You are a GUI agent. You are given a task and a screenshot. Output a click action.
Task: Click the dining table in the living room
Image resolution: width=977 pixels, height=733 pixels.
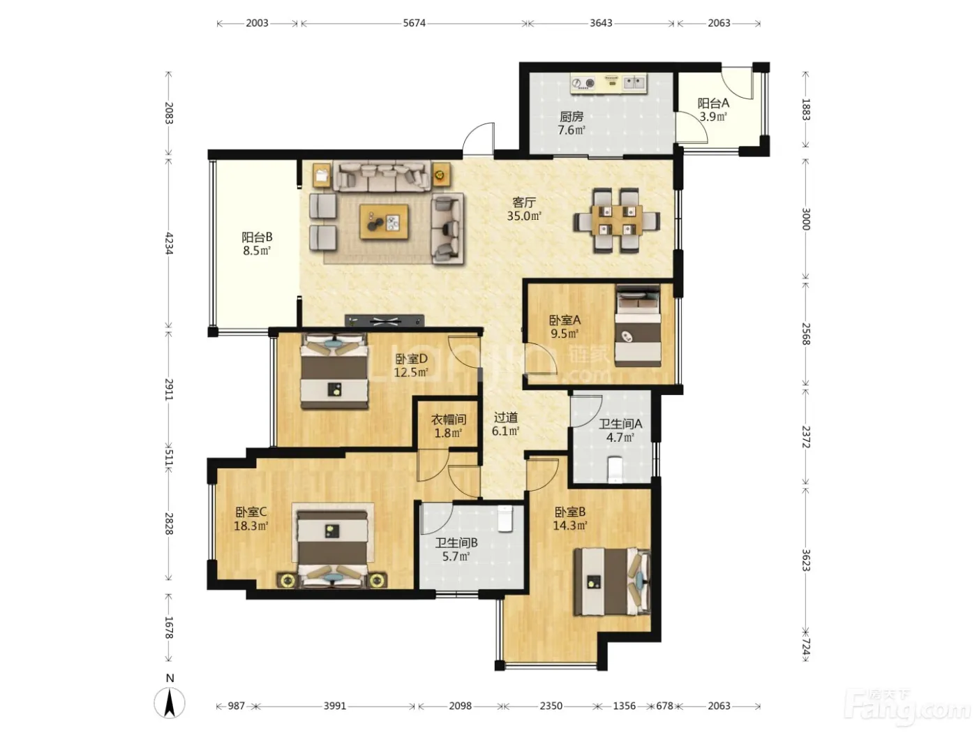616,220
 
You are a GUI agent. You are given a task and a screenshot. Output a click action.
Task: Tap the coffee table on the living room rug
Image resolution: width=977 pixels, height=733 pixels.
384,221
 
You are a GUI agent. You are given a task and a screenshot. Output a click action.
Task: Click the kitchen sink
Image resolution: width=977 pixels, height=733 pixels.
634,82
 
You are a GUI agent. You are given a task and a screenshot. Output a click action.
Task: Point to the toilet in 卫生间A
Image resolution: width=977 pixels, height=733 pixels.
615,469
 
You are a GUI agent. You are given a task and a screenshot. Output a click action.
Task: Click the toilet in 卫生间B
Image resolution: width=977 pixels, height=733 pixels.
505,519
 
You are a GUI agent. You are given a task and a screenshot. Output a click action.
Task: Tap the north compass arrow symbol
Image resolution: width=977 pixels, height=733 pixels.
170,703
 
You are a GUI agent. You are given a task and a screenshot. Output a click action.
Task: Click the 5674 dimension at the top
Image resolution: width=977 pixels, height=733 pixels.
414,23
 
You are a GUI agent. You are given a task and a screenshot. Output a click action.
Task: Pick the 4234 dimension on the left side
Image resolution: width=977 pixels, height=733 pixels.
169,243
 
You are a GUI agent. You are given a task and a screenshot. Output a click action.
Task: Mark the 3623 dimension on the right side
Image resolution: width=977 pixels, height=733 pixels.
805,561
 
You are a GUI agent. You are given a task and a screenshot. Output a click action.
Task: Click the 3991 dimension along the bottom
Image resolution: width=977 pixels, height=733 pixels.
334,706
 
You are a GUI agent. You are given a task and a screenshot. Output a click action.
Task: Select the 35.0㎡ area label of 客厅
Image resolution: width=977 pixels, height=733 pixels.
524,216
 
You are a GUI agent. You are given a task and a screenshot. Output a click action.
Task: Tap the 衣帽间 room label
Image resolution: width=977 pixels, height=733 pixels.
449,420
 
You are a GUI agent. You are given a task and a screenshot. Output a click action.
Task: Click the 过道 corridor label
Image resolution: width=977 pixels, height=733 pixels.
506,417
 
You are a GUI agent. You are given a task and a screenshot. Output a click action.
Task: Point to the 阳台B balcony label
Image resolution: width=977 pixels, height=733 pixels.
258,237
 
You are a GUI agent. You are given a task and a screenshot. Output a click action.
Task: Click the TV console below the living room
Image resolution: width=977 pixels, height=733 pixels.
385,320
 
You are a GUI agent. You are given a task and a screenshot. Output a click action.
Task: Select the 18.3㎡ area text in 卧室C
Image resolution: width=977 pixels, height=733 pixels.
251,526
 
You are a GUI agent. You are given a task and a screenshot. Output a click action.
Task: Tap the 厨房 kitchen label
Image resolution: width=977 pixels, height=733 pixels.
572,117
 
